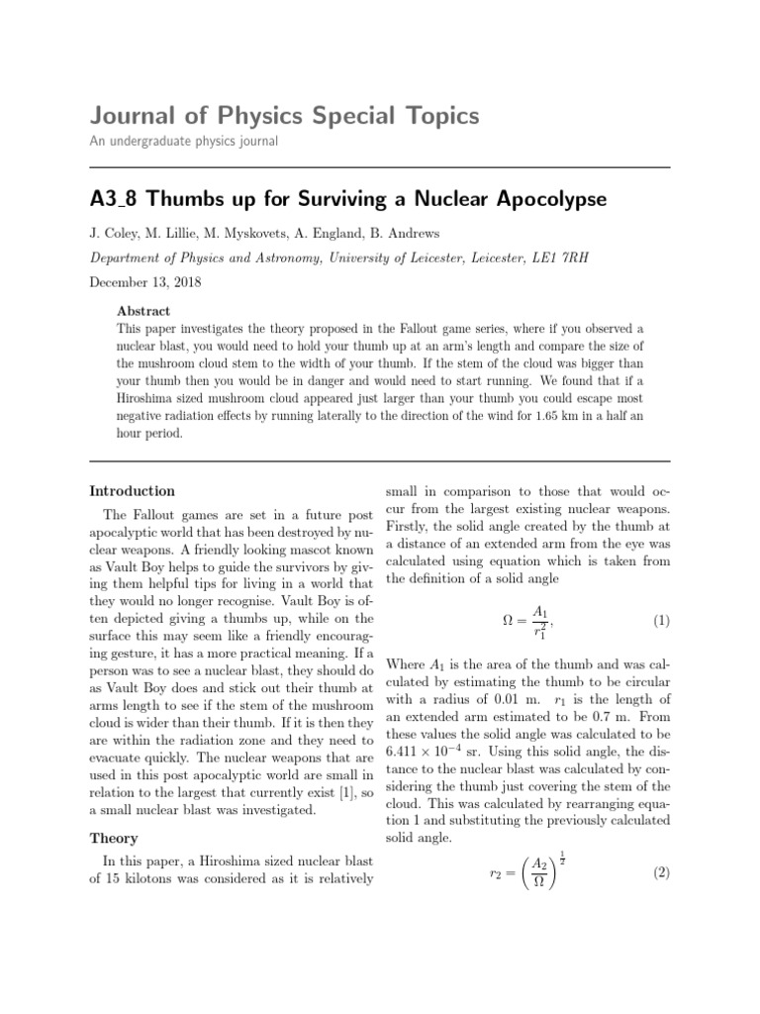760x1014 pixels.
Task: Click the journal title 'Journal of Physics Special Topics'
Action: pyautogui.click(x=284, y=117)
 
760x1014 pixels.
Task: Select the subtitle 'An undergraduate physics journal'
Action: pyautogui.click(x=183, y=142)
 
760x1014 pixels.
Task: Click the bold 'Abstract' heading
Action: pyautogui.click(x=143, y=310)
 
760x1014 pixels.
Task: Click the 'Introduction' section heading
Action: pyautogui.click(x=133, y=491)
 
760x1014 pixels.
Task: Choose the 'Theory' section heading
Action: pyautogui.click(x=114, y=839)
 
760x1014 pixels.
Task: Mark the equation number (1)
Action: pyautogui.click(x=661, y=622)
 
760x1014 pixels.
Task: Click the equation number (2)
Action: pyautogui.click(x=661, y=873)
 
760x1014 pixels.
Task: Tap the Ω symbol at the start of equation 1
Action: pyautogui.click(x=510, y=622)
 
